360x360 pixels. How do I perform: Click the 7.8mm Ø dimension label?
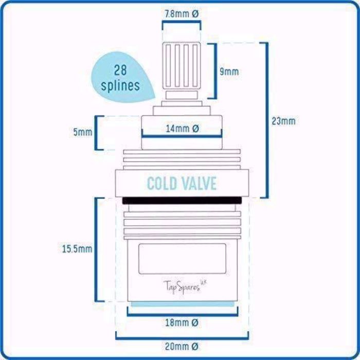[182, 14]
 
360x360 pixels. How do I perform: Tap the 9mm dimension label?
[229, 72]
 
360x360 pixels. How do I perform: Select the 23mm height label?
[283, 121]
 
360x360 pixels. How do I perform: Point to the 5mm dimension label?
[83, 132]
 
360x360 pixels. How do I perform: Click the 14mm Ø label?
[182, 129]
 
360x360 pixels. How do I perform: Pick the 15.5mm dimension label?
[77, 249]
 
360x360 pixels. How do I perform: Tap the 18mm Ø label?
[182, 323]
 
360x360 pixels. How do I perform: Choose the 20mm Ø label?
[182, 346]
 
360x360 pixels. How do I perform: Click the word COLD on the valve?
[162, 184]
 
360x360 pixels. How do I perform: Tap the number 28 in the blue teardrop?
[120, 70]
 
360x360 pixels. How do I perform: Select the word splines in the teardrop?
[120, 85]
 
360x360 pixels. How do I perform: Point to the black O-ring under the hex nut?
[182, 201]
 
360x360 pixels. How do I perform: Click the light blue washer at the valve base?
[183, 304]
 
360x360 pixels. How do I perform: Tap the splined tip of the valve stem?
[182, 66]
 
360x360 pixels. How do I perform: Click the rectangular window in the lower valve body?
[182, 259]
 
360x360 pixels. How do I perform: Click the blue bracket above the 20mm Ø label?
[182, 338]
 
